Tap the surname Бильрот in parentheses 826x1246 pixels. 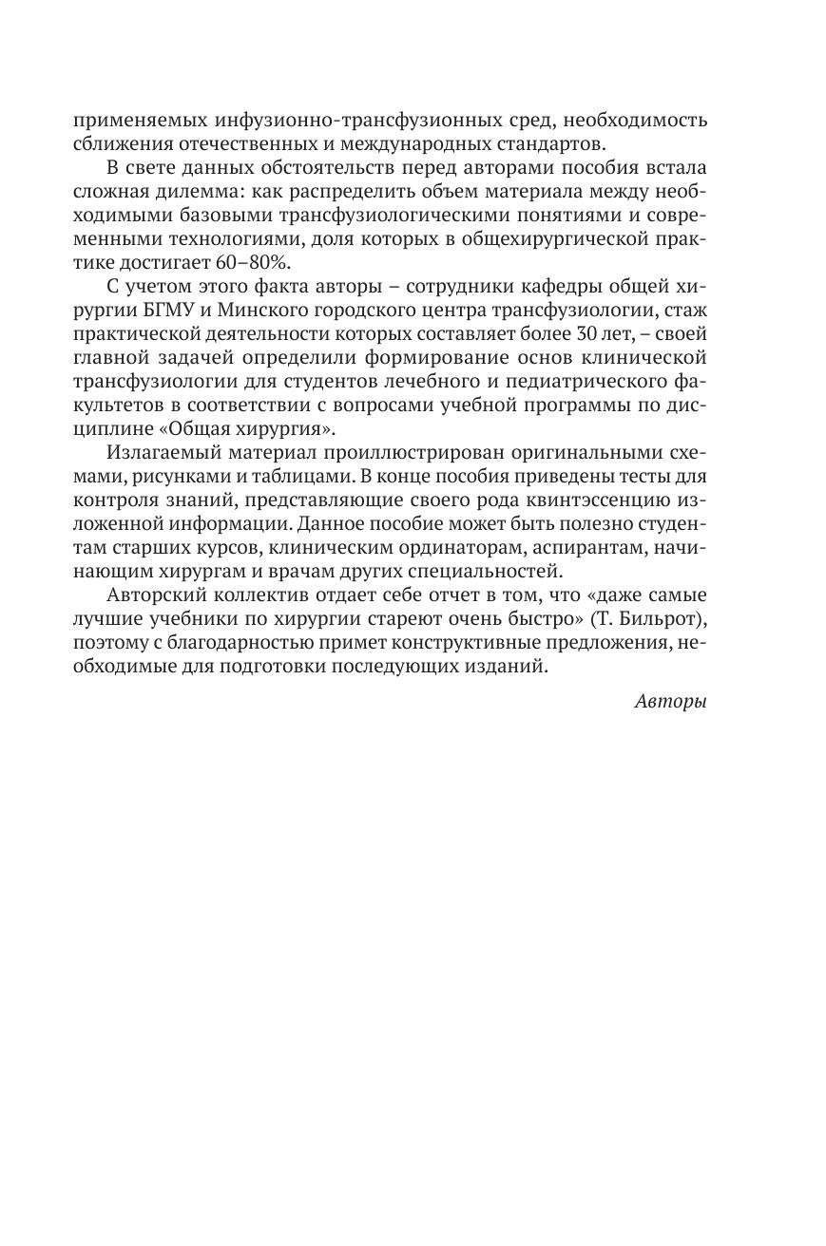pos(663,618)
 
